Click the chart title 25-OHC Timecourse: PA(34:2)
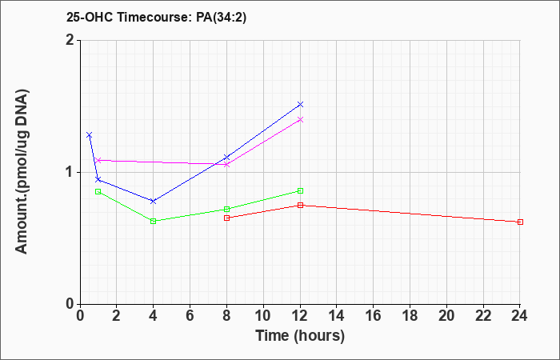[x=157, y=18]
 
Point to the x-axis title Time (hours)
[x=300, y=336]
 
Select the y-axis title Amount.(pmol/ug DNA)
[x=22, y=172]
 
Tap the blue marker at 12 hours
[x=300, y=104]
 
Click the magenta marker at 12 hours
[x=300, y=120]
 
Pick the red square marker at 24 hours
[x=520, y=222]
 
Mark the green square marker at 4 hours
[x=154, y=222]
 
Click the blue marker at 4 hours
[x=154, y=202]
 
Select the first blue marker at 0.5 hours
[x=90, y=135]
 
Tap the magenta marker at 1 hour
[x=98, y=160]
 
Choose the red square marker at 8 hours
[x=226, y=218]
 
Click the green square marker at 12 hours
[x=300, y=191]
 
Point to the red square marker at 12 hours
[x=300, y=206]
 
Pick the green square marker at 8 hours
[x=226, y=210]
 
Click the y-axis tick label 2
[x=70, y=40]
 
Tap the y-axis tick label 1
[x=70, y=173]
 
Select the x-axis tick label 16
[x=374, y=316]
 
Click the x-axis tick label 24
[x=520, y=316]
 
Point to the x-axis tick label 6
[x=190, y=316]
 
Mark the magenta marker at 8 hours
[x=226, y=165]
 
